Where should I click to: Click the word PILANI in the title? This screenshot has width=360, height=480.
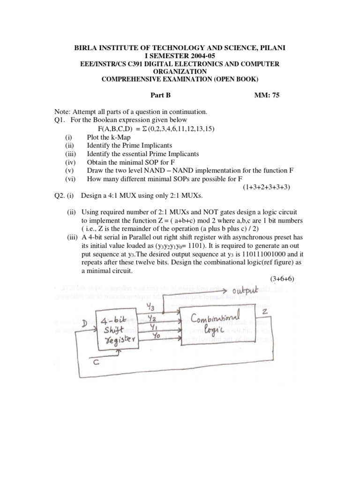[271, 48]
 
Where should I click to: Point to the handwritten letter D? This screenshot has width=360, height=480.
[84, 323]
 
